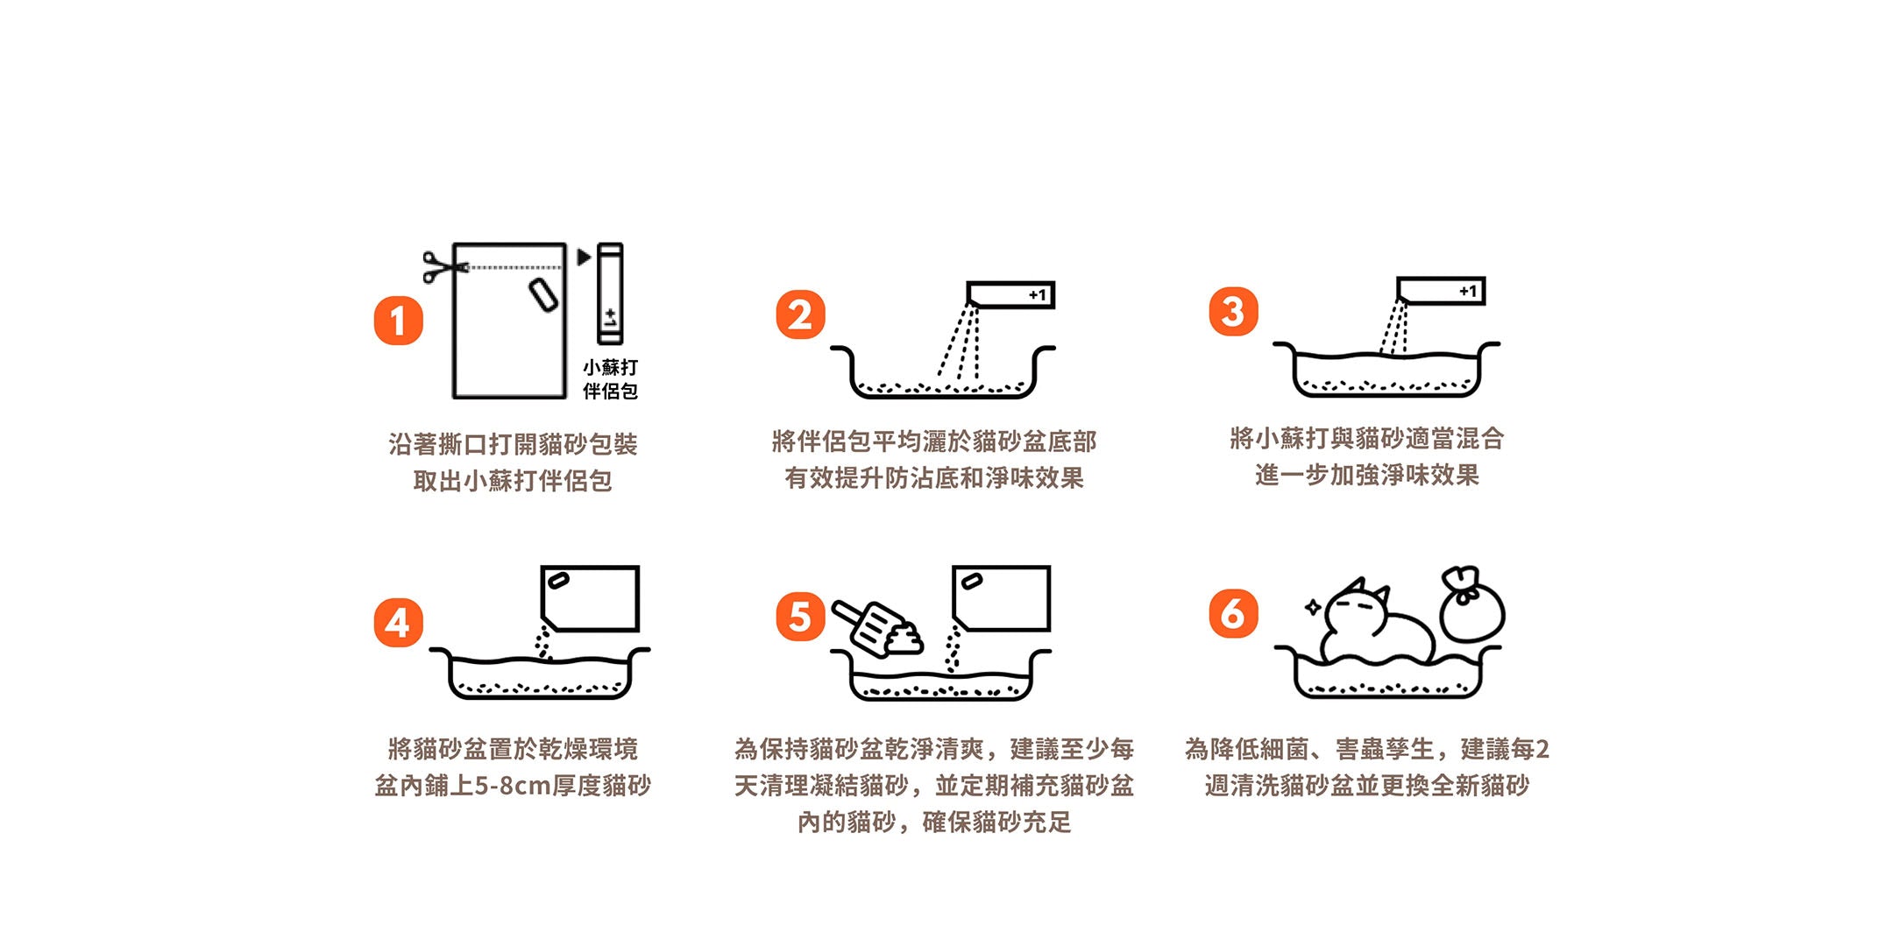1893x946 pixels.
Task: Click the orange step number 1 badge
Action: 399,321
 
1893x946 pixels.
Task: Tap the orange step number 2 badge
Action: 800,315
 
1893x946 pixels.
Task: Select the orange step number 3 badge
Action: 1233,312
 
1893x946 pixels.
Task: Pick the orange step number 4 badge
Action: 399,623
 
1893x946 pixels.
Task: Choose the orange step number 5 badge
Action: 800,617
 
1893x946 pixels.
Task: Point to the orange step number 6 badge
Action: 1233,613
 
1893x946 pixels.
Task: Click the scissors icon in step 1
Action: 443,266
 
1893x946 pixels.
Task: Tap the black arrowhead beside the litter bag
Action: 584,257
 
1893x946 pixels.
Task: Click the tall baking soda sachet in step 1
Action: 610,293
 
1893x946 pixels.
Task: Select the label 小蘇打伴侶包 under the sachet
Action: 611,379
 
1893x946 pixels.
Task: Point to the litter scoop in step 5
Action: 876,627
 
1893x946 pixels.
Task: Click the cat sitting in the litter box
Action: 1376,624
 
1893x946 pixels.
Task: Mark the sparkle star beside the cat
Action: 1313,607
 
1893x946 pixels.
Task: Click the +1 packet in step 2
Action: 1010,294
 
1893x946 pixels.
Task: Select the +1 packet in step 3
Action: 1441,291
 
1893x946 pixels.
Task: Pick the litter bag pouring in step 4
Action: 590,598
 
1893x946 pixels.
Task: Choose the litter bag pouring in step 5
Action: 1001,598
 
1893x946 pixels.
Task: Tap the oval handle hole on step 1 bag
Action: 543,295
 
